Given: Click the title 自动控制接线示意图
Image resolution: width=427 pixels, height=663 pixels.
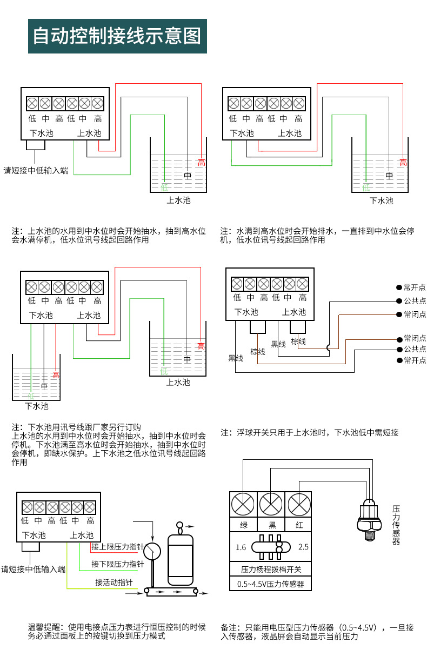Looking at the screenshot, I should [117, 36].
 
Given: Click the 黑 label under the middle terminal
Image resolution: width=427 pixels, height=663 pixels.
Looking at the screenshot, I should [271, 525].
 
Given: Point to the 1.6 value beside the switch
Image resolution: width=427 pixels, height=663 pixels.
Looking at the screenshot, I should [241, 547].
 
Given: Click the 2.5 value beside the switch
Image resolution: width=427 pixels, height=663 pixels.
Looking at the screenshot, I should [303, 547].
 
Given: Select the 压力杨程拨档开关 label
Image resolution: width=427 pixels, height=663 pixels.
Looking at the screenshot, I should [271, 569].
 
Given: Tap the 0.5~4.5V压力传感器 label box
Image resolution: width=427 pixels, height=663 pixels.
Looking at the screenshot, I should [271, 584].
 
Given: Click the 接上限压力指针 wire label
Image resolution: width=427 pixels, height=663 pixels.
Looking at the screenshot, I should [117, 547].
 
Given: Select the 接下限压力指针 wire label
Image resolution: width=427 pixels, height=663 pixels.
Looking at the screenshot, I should [117, 564].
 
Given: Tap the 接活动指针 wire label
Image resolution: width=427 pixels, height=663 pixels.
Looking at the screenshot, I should [114, 582].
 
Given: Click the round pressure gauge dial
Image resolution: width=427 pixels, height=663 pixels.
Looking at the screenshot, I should [153, 551].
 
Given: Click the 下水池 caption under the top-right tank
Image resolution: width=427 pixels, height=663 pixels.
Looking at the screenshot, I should [381, 200].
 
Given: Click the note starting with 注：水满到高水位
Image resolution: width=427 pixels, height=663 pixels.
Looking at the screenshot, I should [317, 235].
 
